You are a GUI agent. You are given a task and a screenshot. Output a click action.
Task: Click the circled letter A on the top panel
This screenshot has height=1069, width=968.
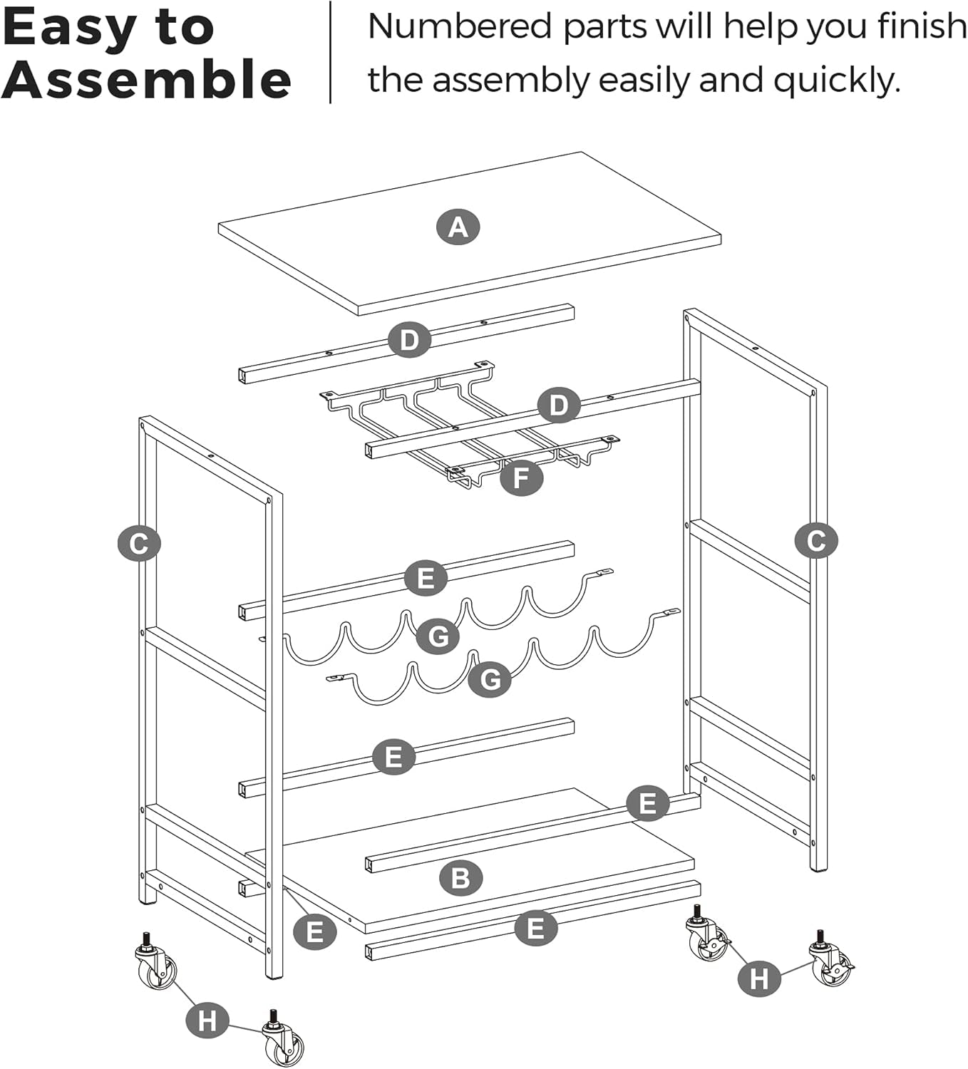458,227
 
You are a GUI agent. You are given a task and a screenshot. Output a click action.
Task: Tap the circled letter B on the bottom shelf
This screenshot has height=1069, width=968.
460,877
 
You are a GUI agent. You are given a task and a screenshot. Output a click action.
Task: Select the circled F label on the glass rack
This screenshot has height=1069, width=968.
521,477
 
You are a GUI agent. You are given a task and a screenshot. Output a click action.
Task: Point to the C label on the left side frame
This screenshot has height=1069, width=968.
139,544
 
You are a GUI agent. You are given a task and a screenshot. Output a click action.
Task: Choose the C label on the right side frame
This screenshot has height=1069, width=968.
815,541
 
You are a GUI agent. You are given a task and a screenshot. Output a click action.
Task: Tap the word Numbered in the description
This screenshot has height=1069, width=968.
460,27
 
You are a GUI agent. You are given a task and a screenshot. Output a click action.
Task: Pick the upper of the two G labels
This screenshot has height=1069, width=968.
438,635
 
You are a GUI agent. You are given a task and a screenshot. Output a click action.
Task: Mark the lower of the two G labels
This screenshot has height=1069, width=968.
490,679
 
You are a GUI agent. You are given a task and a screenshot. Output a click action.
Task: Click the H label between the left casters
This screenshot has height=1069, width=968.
207,1021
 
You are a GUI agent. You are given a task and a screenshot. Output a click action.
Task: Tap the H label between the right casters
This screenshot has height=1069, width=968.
758,979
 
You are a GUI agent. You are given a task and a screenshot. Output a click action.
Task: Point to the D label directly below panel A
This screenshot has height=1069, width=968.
409,340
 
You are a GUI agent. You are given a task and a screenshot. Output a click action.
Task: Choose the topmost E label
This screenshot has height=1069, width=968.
426,577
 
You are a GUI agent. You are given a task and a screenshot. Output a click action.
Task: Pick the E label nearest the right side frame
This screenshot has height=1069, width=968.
647,803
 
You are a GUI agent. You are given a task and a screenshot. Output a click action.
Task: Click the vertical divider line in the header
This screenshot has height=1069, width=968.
331,52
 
